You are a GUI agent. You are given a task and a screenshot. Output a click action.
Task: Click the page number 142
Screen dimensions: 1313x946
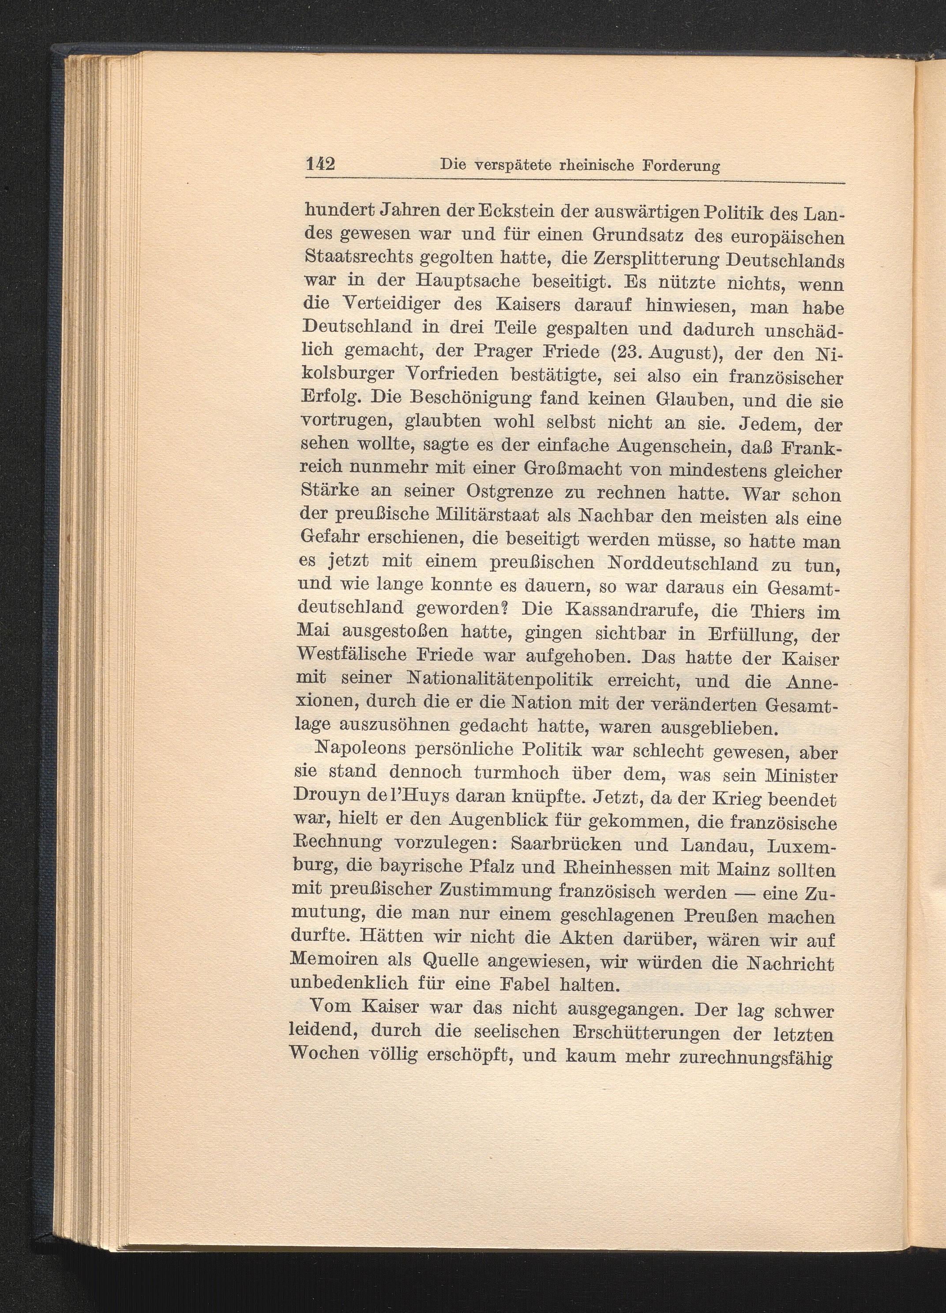(x=320, y=164)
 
